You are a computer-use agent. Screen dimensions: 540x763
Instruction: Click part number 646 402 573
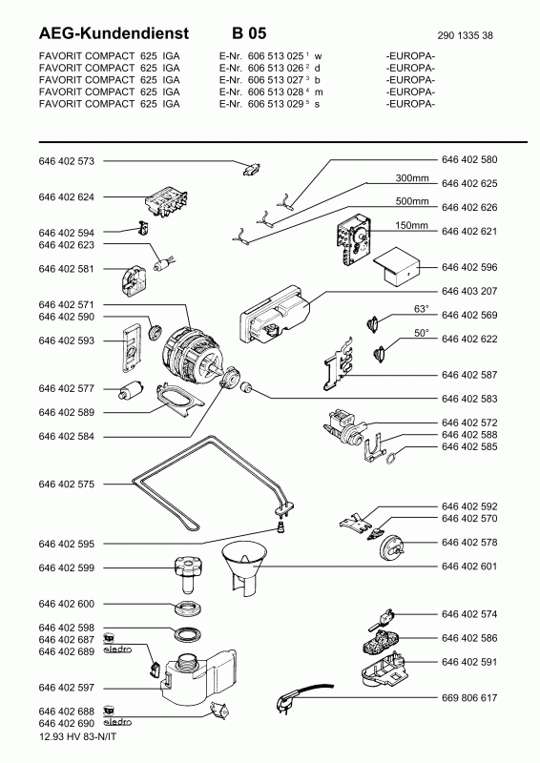(x=66, y=161)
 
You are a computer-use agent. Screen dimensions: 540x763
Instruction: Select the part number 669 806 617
(x=469, y=698)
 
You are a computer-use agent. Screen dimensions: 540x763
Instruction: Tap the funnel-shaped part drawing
(x=244, y=570)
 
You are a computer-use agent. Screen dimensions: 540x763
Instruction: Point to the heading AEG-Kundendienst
(x=114, y=33)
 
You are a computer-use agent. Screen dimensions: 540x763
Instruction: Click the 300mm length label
(x=412, y=178)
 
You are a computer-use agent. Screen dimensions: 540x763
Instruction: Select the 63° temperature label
(x=422, y=309)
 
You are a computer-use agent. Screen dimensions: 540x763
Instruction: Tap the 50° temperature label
(x=422, y=333)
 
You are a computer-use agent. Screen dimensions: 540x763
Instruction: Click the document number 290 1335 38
(x=465, y=35)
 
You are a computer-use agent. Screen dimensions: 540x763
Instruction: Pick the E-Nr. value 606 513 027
(x=276, y=80)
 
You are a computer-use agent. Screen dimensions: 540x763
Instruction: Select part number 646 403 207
(x=469, y=291)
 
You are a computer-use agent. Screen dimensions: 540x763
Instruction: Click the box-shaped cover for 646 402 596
(x=397, y=267)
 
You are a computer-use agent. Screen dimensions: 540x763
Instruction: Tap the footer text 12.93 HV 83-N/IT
(x=77, y=736)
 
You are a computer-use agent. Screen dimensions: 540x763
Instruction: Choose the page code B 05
(x=249, y=33)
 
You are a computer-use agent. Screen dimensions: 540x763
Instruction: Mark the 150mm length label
(x=411, y=226)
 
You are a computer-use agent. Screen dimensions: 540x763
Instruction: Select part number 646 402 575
(x=66, y=485)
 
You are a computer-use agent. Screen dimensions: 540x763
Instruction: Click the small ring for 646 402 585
(x=392, y=458)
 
